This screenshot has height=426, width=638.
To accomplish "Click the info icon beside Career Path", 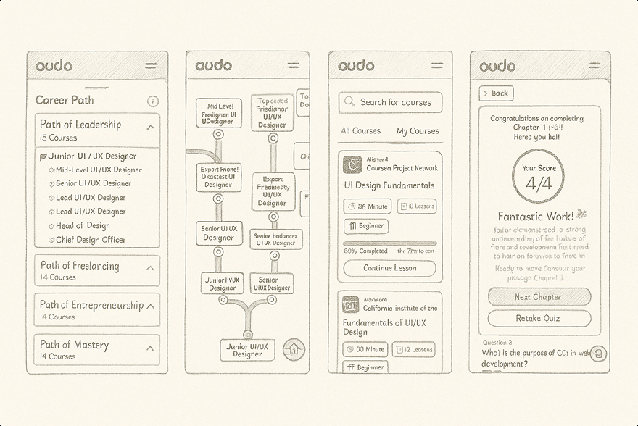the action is pos(152,101).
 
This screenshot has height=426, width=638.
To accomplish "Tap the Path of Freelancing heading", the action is pos(80,266).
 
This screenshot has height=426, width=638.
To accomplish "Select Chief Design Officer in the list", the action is pos(91,240).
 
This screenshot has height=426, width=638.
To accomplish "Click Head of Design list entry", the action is pos(83,226).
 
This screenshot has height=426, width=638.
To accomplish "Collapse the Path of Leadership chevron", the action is pos(150,127).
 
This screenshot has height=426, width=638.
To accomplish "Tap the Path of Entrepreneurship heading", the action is pos(91,305).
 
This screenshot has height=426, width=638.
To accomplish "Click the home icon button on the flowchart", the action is pos(293,348).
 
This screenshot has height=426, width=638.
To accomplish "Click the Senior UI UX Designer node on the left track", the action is pos(218,233).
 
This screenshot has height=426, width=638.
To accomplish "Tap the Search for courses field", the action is pos(390,102).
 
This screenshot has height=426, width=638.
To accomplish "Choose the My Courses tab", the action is pos(418,131).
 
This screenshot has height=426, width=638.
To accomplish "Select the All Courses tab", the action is pos(360,131).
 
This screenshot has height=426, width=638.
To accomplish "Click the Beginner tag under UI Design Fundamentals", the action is pos(366,226).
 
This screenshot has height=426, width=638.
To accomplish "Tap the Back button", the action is pos(497,93).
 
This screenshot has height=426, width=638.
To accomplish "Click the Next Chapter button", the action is pos(539,297).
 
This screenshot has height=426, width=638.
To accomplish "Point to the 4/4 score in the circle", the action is pos(538,183).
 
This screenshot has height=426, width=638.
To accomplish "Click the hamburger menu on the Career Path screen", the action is pos(151,66).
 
